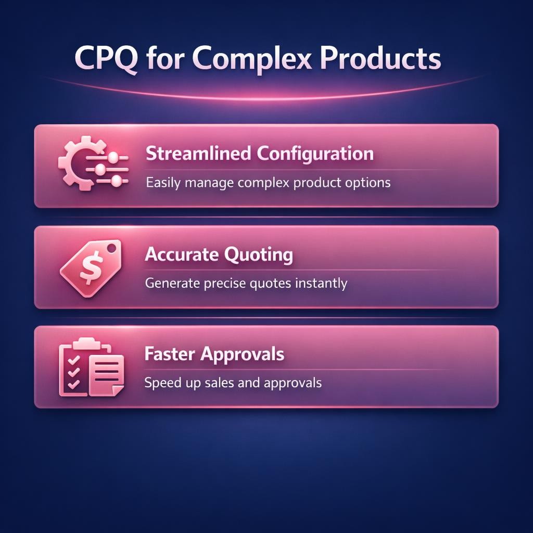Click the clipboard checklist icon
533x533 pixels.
(x=91, y=366)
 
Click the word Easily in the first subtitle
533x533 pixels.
(x=162, y=183)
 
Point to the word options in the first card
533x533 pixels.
(x=369, y=183)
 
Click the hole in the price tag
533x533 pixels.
(x=110, y=250)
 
